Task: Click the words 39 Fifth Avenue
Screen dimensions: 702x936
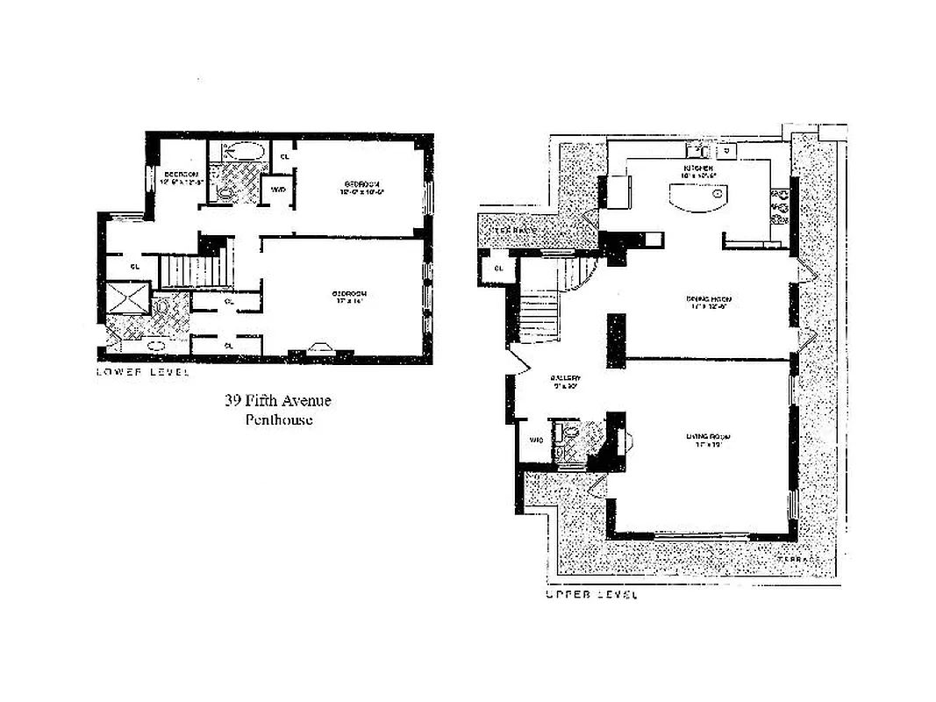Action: click(278, 401)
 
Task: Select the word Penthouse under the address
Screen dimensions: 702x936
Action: click(278, 419)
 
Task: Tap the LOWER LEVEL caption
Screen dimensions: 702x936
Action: click(143, 371)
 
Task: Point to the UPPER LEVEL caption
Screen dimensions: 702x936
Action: click(591, 594)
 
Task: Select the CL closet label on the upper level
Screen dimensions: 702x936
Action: click(498, 268)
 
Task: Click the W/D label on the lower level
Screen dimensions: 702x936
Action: click(278, 190)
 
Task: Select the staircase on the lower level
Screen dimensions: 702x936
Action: click(195, 269)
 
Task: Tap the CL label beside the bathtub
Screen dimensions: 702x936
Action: click(283, 156)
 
